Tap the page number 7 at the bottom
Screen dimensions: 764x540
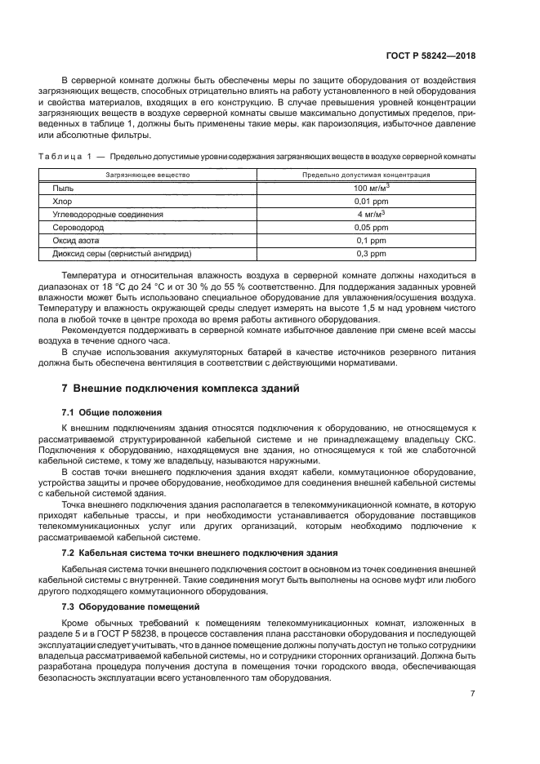coord(473,695)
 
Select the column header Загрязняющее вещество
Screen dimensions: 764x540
coord(148,175)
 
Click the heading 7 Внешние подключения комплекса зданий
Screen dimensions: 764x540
coord(181,388)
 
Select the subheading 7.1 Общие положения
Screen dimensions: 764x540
coord(112,412)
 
